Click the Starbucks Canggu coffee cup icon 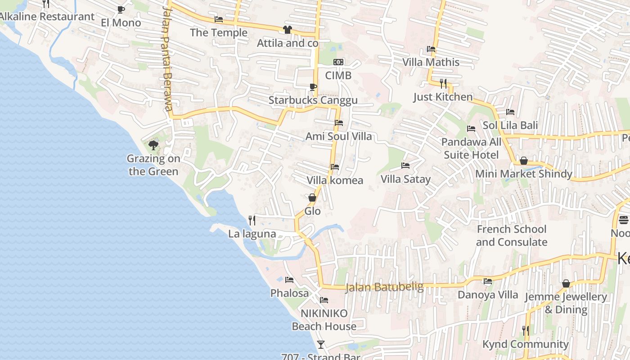click(x=313, y=87)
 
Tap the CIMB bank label click(x=338, y=75)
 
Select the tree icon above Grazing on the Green click(x=153, y=145)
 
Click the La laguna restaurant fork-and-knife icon click(x=252, y=220)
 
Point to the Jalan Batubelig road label click(x=384, y=287)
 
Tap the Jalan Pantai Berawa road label click(x=167, y=58)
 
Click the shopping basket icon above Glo click(x=312, y=198)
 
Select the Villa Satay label click(x=405, y=179)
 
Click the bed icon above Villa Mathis click(x=431, y=49)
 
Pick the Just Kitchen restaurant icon click(x=443, y=83)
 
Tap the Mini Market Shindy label click(x=524, y=174)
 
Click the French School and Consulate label click(x=512, y=235)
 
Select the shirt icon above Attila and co click(x=287, y=30)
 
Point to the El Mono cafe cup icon click(x=121, y=9)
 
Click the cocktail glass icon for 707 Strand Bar click(x=320, y=345)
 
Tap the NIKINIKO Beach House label click(x=324, y=319)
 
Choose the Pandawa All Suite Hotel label click(x=471, y=148)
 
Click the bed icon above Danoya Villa click(x=487, y=282)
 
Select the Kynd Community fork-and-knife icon click(x=525, y=331)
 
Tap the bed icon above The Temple click(x=219, y=19)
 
